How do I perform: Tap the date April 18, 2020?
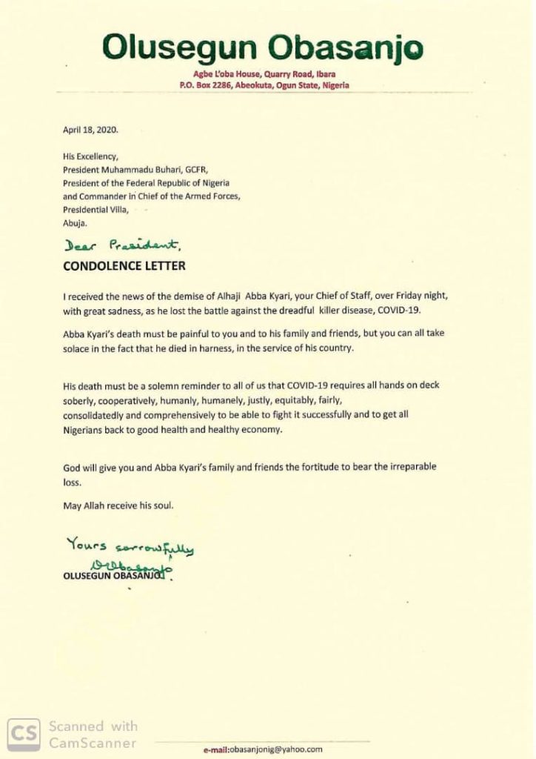(89, 129)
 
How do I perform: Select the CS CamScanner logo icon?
(24, 734)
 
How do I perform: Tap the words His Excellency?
(90, 157)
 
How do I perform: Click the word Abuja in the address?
(75, 222)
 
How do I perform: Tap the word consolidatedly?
(96, 415)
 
